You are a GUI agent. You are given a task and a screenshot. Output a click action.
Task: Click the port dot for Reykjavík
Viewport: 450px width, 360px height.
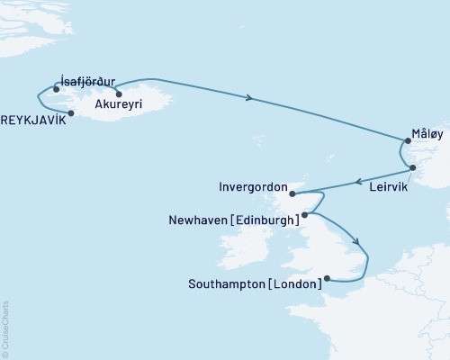[x=70, y=113]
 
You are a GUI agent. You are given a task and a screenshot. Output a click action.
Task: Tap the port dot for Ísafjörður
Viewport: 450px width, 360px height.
[x=57, y=89]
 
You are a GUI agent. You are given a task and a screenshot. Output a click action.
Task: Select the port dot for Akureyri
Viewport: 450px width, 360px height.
[x=118, y=94]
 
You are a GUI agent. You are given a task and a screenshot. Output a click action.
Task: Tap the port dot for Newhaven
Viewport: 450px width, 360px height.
[x=305, y=215]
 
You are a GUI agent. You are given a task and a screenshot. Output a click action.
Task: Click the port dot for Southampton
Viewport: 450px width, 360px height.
[x=327, y=279]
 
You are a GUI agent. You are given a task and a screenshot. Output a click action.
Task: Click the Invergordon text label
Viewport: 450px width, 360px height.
[x=252, y=189]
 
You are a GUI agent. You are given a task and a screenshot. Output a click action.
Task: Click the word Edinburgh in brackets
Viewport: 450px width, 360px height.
[x=266, y=219]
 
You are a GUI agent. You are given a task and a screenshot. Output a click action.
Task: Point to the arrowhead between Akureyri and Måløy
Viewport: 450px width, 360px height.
[x=247, y=97]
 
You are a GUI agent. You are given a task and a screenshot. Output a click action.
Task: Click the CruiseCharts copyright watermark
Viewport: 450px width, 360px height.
[x=5, y=328]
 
